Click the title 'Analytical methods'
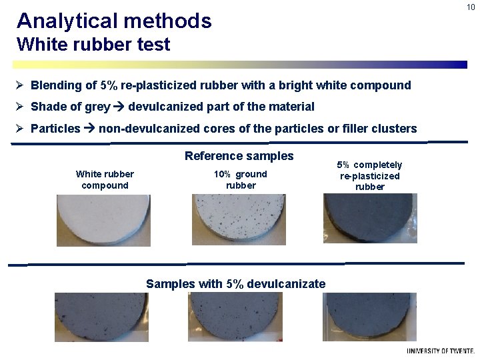coord(114,21)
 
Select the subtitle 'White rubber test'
coord(93,45)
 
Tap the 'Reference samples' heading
coord(239,156)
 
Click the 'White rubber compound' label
coord(105,180)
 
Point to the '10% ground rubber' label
coord(241,180)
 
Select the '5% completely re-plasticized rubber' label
coord(370,175)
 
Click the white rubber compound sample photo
coord(103,220)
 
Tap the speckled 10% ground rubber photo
coord(239,219)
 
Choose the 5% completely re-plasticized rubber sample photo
coord(370,218)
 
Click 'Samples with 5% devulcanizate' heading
coord(235,284)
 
